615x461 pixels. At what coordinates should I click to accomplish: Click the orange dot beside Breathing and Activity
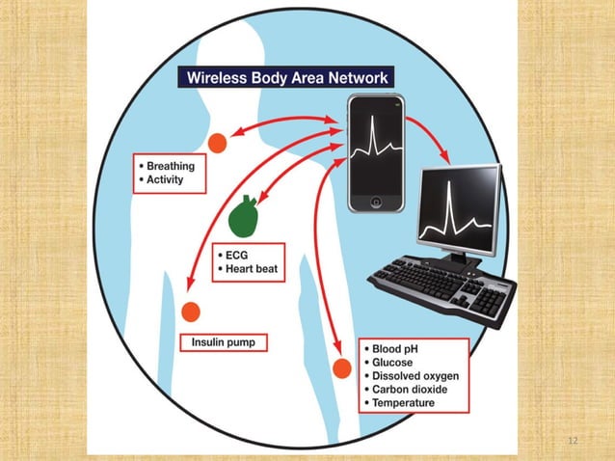point(218,142)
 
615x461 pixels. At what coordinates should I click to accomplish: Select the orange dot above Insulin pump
point(190,312)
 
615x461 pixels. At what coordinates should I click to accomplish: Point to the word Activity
point(166,179)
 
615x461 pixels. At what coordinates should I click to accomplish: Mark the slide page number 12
point(574,441)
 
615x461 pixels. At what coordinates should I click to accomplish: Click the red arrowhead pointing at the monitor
point(445,157)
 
